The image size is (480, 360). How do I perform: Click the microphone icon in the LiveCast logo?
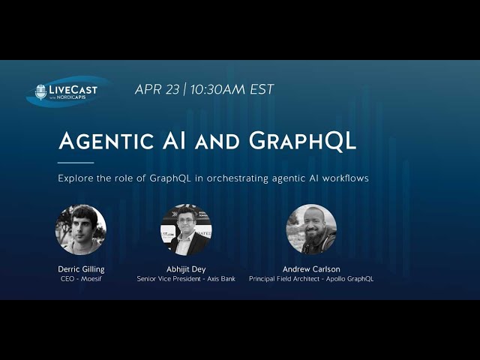tap(40, 92)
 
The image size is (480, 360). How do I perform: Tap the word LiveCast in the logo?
tap(73, 90)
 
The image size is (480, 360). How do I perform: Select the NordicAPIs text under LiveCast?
tap(71, 97)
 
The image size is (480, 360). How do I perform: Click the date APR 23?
tap(157, 89)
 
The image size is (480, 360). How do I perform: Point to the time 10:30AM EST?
tap(232, 89)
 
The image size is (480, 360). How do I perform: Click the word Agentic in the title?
tap(106, 141)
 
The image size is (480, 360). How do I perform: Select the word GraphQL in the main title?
tap(302, 141)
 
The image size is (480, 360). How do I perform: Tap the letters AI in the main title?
tap(174, 141)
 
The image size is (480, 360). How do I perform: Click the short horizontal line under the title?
tap(76, 163)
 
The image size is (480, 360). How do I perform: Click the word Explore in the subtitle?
tap(76, 178)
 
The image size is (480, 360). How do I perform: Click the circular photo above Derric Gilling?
tap(81, 229)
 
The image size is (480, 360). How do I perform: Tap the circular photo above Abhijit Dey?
tap(186, 229)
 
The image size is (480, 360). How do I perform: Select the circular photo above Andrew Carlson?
tap(311, 229)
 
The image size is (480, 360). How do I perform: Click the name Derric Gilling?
tap(81, 269)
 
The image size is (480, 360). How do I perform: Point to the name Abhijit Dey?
tap(186, 269)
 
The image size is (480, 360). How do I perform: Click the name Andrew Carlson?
tap(311, 269)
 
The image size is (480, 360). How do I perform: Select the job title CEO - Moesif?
tap(81, 279)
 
